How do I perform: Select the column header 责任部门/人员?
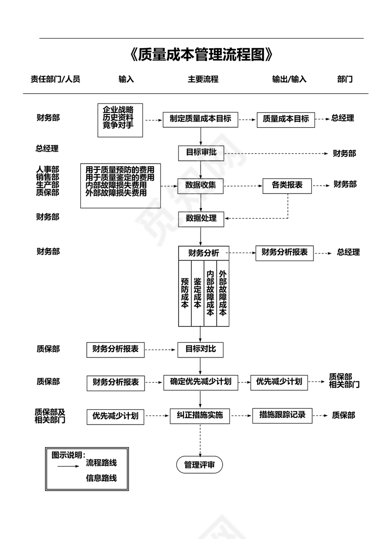tap(56, 79)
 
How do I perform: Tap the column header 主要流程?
tap(202, 79)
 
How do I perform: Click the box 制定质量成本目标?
tap(201, 119)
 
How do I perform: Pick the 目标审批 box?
tap(201, 153)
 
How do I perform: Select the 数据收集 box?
tap(201, 186)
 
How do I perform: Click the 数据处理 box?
tap(201, 218)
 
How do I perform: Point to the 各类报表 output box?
tap(287, 185)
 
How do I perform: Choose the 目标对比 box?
tap(200, 349)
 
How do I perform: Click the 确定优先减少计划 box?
tap(201, 382)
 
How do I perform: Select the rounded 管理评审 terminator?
tap(199, 465)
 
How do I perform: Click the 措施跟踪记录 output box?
tap(283, 415)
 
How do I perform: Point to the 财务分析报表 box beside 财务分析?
tap(285, 252)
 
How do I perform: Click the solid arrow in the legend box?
tap(68, 466)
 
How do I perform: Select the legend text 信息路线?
tap(101, 478)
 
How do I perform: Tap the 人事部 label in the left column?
tap(48, 170)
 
